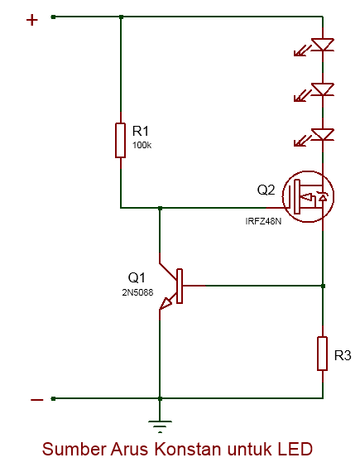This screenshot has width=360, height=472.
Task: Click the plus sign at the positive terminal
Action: pyautogui.click(x=32, y=20)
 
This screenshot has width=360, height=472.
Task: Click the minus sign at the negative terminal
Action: pyautogui.click(x=36, y=400)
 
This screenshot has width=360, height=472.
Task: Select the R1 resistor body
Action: pyautogui.click(x=121, y=138)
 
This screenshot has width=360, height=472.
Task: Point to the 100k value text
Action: pyautogui.click(x=142, y=146)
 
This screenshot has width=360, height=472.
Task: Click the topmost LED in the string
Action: pyautogui.click(x=322, y=45)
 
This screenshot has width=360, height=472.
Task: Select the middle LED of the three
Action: pyautogui.click(x=322, y=89)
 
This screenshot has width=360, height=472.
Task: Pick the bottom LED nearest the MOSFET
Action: pyautogui.click(x=322, y=133)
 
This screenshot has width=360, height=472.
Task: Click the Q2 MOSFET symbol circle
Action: pyautogui.click(x=307, y=197)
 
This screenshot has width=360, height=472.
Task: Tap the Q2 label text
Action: pyautogui.click(x=266, y=190)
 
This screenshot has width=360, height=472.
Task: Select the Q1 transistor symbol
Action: pyautogui.click(x=174, y=287)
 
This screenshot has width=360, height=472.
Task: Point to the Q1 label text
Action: pyautogui.click(x=137, y=277)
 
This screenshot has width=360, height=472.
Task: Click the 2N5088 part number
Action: pyautogui.click(x=138, y=292)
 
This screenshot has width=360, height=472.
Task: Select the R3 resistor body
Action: pyautogui.click(x=323, y=354)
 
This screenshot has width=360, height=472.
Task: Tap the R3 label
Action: pyautogui.click(x=343, y=356)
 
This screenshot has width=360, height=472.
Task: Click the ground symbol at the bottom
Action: pyautogui.click(x=158, y=427)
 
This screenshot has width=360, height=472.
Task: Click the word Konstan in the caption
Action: pyautogui.click(x=193, y=450)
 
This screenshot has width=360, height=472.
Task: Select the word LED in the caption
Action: pyautogui.click(x=295, y=450)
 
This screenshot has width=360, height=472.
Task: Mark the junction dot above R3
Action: pyautogui.click(x=323, y=286)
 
